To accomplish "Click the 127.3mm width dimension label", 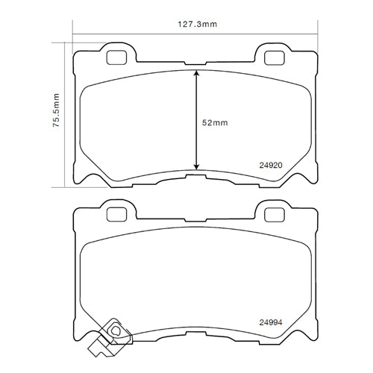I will [x=195, y=24].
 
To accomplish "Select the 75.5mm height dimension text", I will [x=57, y=110].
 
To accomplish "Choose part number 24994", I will [x=269, y=322].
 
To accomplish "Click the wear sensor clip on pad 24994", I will [x=116, y=330].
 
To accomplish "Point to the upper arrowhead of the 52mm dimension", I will [x=195, y=74].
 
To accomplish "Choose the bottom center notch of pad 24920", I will [x=195, y=177].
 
